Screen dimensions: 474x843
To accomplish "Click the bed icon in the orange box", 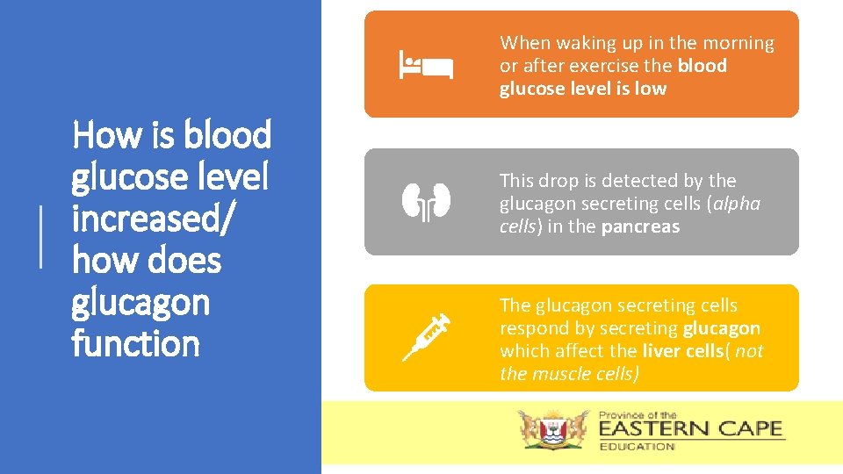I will click(x=426, y=65).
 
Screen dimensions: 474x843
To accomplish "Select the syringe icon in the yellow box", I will click(x=426, y=337).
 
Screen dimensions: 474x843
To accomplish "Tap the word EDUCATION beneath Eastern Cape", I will click(x=637, y=447).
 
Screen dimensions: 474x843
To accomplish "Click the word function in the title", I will click(x=136, y=343).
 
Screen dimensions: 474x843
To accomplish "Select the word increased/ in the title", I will click(x=153, y=218).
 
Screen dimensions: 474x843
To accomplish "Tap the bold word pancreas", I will click(x=640, y=226).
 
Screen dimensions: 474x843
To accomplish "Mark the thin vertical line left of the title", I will click(x=41, y=234).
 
